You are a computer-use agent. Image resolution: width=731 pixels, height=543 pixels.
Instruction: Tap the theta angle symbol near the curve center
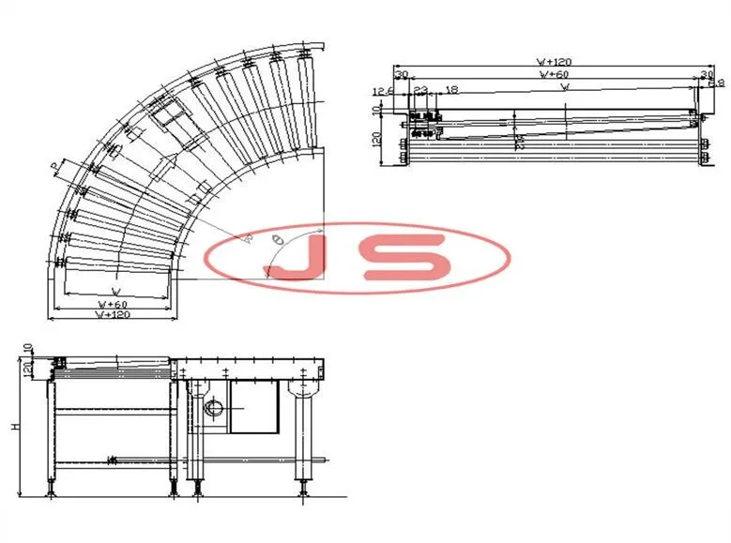[276, 241]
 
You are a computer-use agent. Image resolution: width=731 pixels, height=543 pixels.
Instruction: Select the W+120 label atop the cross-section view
[555, 62]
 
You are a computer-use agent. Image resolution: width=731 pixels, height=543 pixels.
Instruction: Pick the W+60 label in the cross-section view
[555, 73]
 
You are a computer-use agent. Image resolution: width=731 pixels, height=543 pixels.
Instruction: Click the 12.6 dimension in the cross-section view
[382, 91]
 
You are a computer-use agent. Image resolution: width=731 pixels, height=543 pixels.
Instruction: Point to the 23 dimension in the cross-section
[420, 91]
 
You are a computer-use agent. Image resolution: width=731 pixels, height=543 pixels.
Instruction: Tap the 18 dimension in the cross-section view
[452, 91]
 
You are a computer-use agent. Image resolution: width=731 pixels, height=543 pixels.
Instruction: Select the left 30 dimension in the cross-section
[402, 73]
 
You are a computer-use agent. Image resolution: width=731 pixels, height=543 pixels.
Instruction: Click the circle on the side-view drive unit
[215, 409]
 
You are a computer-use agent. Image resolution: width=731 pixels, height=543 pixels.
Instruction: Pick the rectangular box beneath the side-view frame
[256, 406]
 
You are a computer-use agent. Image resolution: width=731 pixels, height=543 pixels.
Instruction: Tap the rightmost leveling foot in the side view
[304, 488]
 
